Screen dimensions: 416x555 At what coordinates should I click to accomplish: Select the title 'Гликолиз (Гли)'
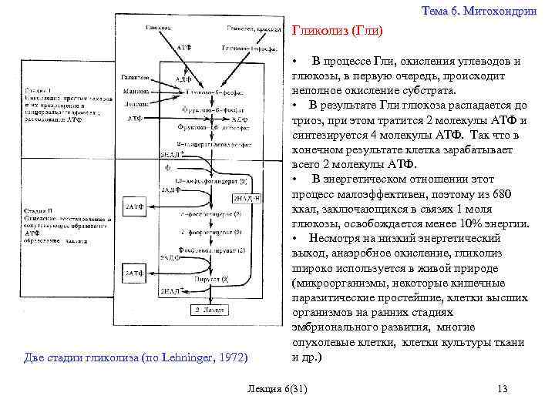pos(337,32)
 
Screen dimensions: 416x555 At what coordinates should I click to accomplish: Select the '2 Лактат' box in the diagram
pos(209,310)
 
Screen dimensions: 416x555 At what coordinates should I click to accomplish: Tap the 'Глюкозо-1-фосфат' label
pos(246,48)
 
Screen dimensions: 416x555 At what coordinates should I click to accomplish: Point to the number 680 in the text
pos(500,196)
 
